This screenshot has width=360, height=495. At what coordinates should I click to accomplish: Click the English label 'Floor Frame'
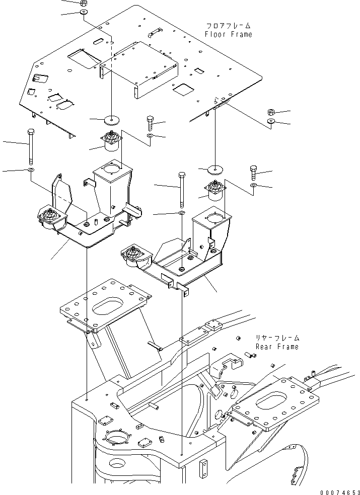[x=228, y=34]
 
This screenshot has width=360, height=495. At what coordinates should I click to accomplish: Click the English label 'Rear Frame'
[x=276, y=347]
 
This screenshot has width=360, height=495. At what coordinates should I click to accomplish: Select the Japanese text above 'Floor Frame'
[x=228, y=26]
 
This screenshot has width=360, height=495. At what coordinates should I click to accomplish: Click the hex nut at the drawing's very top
[x=84, y=3]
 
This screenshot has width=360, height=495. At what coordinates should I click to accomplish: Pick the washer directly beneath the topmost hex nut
[x=84, y=12]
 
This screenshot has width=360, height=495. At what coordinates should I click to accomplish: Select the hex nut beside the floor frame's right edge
[x=270, y=112]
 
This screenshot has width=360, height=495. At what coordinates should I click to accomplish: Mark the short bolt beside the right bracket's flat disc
[x=253, y=173]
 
